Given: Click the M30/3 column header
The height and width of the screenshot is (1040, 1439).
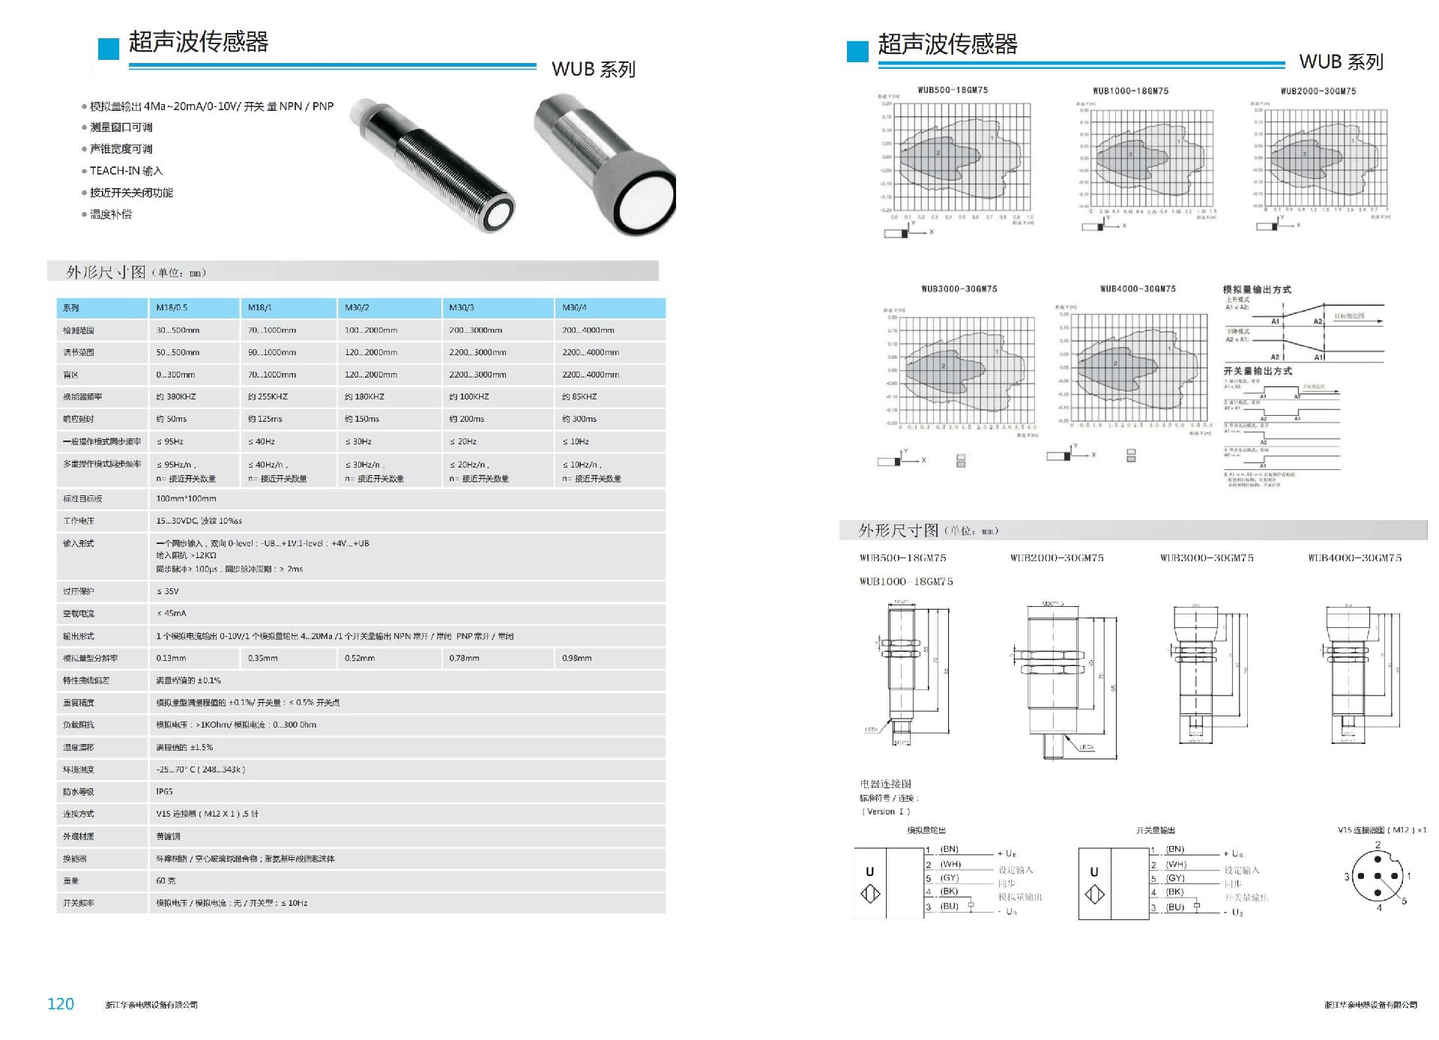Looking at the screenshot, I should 462,308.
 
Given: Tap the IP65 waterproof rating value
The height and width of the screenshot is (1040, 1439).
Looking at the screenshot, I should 164,792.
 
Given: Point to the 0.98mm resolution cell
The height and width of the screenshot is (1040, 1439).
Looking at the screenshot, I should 576,659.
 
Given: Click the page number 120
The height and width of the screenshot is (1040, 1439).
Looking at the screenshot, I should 61,1004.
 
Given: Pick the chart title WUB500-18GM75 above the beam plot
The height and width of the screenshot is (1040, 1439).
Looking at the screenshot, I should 953,90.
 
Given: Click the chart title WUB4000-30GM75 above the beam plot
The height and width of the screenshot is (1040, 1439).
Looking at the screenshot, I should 1137,288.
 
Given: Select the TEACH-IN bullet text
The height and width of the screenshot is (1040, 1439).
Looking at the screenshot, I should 126,171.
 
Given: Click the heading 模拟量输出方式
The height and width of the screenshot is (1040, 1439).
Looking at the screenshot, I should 1257,289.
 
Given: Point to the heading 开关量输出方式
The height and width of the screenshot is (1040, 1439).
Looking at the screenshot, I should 1258,371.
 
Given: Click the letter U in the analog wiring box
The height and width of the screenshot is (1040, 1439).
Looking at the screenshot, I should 869,871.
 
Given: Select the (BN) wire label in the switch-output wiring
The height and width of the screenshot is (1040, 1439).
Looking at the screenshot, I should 1175,849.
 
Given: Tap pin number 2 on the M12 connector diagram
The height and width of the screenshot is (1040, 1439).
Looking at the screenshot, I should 1378,844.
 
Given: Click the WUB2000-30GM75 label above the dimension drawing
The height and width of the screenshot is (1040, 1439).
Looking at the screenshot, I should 1057,558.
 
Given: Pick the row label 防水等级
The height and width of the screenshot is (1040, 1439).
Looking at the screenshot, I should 79,792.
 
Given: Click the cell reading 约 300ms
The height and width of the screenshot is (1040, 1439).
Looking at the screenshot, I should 579,420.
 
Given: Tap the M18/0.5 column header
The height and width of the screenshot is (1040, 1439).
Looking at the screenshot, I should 172,308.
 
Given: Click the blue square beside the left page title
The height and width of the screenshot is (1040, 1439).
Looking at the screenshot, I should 109,49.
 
